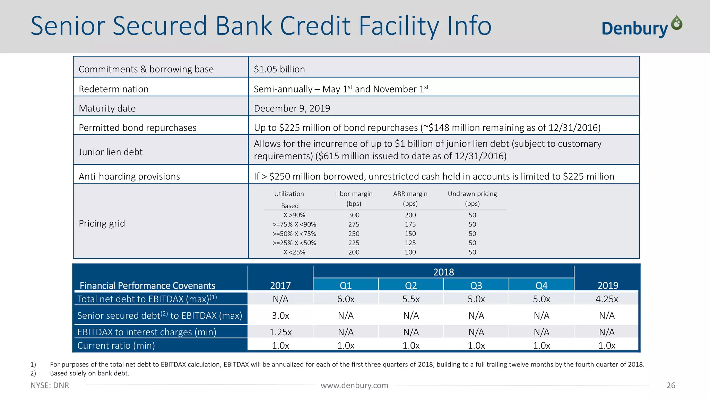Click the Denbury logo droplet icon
[x=676, y=23]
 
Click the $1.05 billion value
[x=279, y=69]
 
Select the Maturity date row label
[x=107, y=108]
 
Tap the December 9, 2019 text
[x=292, y=108]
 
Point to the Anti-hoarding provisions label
[x=129, y=176]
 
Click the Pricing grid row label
[x=102, y=223]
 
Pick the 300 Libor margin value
[x=354, y=215]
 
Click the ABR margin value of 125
[x=410, y=243]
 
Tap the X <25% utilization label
[x=294, y=252]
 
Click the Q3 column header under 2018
[x=476, y=285]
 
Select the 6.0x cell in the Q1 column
[x=346, y=299]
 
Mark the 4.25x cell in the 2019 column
[x=607, y=299]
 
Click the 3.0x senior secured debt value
[x=280, y=316]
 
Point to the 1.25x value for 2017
[x=280, y=332]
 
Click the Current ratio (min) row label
[x=116, y=345]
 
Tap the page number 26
[x=671, y=385]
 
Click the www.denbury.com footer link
[x=354, y=385]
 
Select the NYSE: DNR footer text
[x=50, y=385]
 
